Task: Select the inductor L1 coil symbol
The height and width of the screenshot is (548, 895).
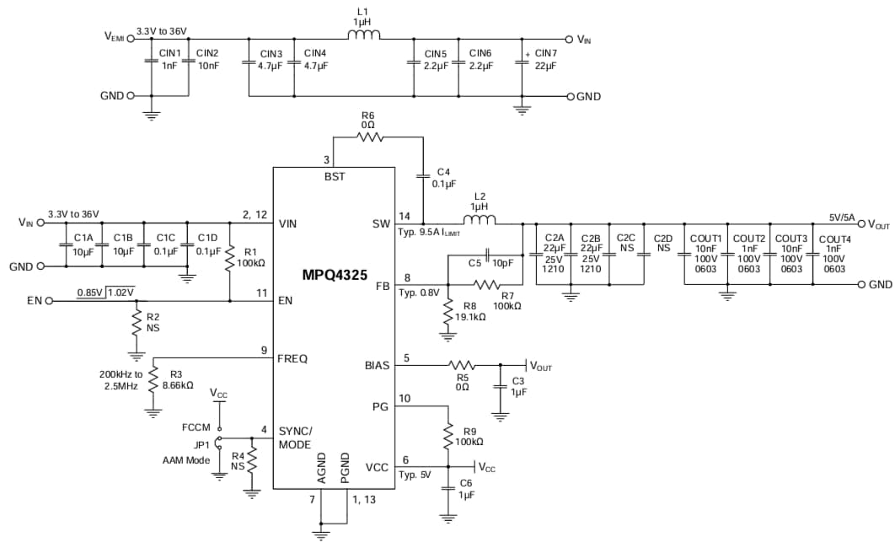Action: tap(364, 35)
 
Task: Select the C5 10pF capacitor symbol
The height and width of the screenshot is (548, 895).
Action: tap(488, 255)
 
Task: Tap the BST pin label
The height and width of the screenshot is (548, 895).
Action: tap(335, 177)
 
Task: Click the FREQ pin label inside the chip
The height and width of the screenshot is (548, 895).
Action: tap(292, 358)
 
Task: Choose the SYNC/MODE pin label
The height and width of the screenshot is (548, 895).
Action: tap(295, 438)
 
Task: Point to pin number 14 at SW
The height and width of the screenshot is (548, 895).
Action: tap(405, 216)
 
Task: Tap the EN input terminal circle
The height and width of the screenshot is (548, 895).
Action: tap(49, 300)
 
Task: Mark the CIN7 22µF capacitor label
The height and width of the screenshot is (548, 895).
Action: tap(546, 59)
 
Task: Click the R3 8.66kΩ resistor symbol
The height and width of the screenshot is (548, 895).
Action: tap(153, 379)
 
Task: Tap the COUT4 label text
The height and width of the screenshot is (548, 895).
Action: tap(834, 239)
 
